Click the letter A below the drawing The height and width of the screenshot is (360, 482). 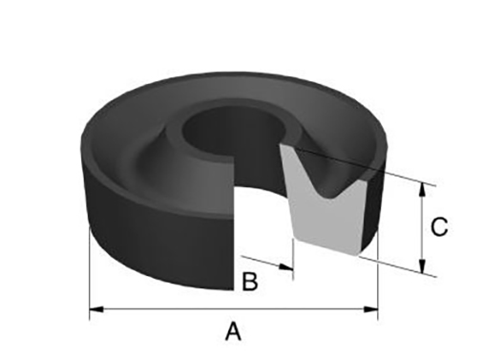click(232, 331)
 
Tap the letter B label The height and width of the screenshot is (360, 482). click(249, 282)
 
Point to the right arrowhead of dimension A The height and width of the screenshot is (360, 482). click(371, 308)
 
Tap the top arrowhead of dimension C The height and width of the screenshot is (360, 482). click(422, 188)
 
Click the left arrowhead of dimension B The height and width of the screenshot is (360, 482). click(243, 258)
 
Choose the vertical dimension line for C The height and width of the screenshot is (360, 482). click(422, 229)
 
